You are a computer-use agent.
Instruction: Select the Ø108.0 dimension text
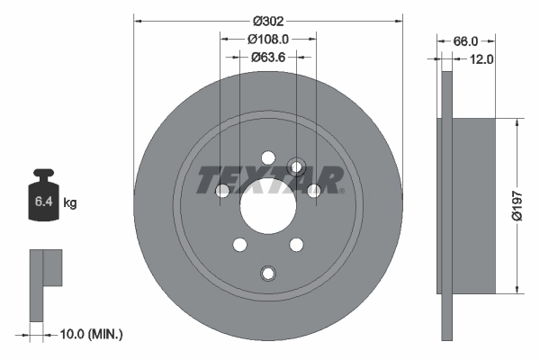point(267,40)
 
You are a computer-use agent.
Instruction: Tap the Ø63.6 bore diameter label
point(267,58)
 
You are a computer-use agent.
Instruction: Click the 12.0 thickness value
point(482,59)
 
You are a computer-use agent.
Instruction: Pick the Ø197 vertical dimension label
point(517,206)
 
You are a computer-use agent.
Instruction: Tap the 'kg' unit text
point(70,203)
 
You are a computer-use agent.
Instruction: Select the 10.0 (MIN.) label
point(90,334)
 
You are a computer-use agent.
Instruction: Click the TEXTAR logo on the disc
point(269,180)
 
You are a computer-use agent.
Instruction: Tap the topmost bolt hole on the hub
point(267,158)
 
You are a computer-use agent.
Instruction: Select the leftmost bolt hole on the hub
point(223,190)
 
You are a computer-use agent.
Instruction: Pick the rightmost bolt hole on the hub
point(313,190)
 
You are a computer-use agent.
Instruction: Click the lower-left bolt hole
point(239,243)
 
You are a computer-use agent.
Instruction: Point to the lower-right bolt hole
point(295,243)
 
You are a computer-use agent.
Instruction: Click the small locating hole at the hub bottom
point(267,274)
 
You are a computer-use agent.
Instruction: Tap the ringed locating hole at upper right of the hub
point(296,166)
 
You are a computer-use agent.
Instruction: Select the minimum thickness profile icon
point(46,283)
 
